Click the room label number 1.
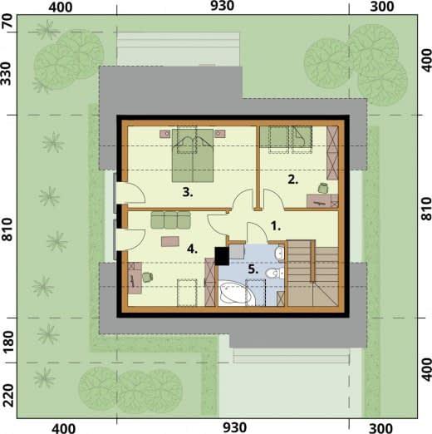[x=276, y=226]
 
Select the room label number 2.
[x=292, y=180]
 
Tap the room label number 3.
[x=188, y=192]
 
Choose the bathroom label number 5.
[x=253, y=269]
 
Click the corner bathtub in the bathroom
[x=237, y=293]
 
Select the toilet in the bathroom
[x=274, y=274]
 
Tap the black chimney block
[x=222, y=256]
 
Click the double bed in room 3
[x=193, y=155]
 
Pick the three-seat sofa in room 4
[x=170, y=220]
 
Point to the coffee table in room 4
[x=170, y=241]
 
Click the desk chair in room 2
[x=323, y=188]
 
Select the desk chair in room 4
[x=147, y=277]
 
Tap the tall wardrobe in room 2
[x=332, y=153]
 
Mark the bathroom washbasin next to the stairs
[x=279, y=253]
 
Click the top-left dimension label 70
[x=8, y=21]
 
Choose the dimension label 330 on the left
[x=7, y=73]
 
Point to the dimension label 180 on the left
[x=8, y=341]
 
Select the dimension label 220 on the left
[x=8, y=395]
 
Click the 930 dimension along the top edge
[x=222, y=6]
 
